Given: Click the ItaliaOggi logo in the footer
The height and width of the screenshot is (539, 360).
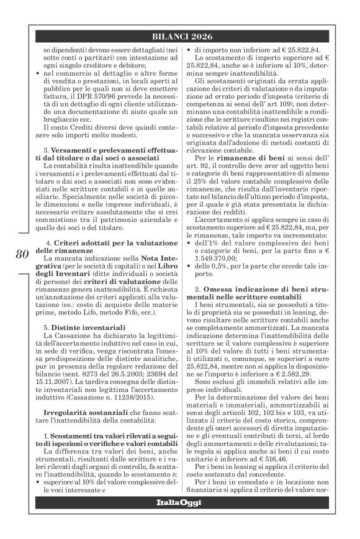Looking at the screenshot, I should pyautogui.click(x=180, y=519).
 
